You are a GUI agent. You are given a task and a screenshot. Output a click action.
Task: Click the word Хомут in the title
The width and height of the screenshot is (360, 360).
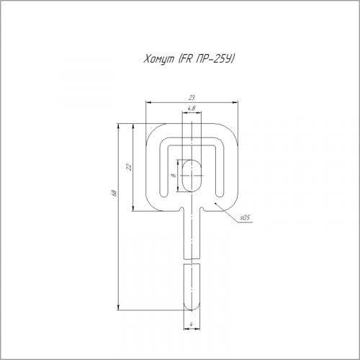(159, 58)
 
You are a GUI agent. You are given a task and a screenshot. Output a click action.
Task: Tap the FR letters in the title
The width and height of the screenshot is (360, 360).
(186, 58)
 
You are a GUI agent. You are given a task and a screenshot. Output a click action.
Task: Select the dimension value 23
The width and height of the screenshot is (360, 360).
(192, 98)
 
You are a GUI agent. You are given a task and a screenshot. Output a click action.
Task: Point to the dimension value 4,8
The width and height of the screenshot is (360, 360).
(192, 109)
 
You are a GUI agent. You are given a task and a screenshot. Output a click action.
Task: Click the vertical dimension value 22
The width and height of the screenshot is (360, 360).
(129, 167)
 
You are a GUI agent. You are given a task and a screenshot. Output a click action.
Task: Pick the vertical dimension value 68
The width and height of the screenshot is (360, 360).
(114, 193)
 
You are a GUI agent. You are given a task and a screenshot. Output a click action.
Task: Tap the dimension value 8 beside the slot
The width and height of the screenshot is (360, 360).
(174, 176)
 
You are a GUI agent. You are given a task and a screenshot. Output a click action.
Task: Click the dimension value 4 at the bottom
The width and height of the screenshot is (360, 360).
(192, 324)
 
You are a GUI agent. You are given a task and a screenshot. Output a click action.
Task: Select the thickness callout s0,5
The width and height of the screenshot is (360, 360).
(245, 218)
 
